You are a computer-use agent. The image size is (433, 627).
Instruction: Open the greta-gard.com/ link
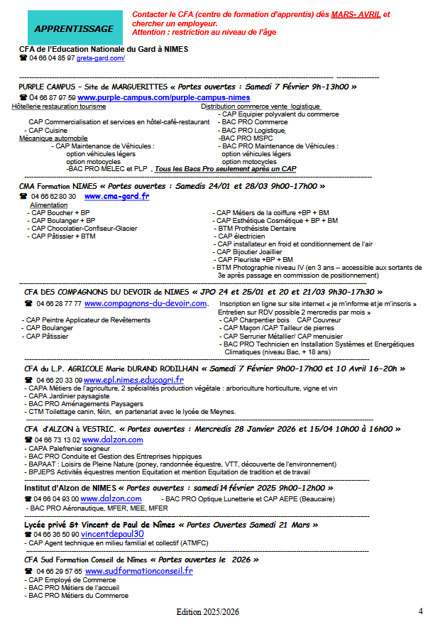point(101,58)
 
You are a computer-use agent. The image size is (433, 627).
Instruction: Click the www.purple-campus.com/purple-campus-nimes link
point(164,97)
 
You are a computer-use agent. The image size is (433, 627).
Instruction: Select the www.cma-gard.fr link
point(116,196)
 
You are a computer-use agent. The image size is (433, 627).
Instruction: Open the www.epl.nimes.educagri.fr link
point(133,380)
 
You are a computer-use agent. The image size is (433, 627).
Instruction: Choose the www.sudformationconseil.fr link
point(138,570)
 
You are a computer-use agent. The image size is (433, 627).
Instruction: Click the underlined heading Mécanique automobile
point(53,138)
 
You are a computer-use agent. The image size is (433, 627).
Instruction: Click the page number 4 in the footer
point(420,611)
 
